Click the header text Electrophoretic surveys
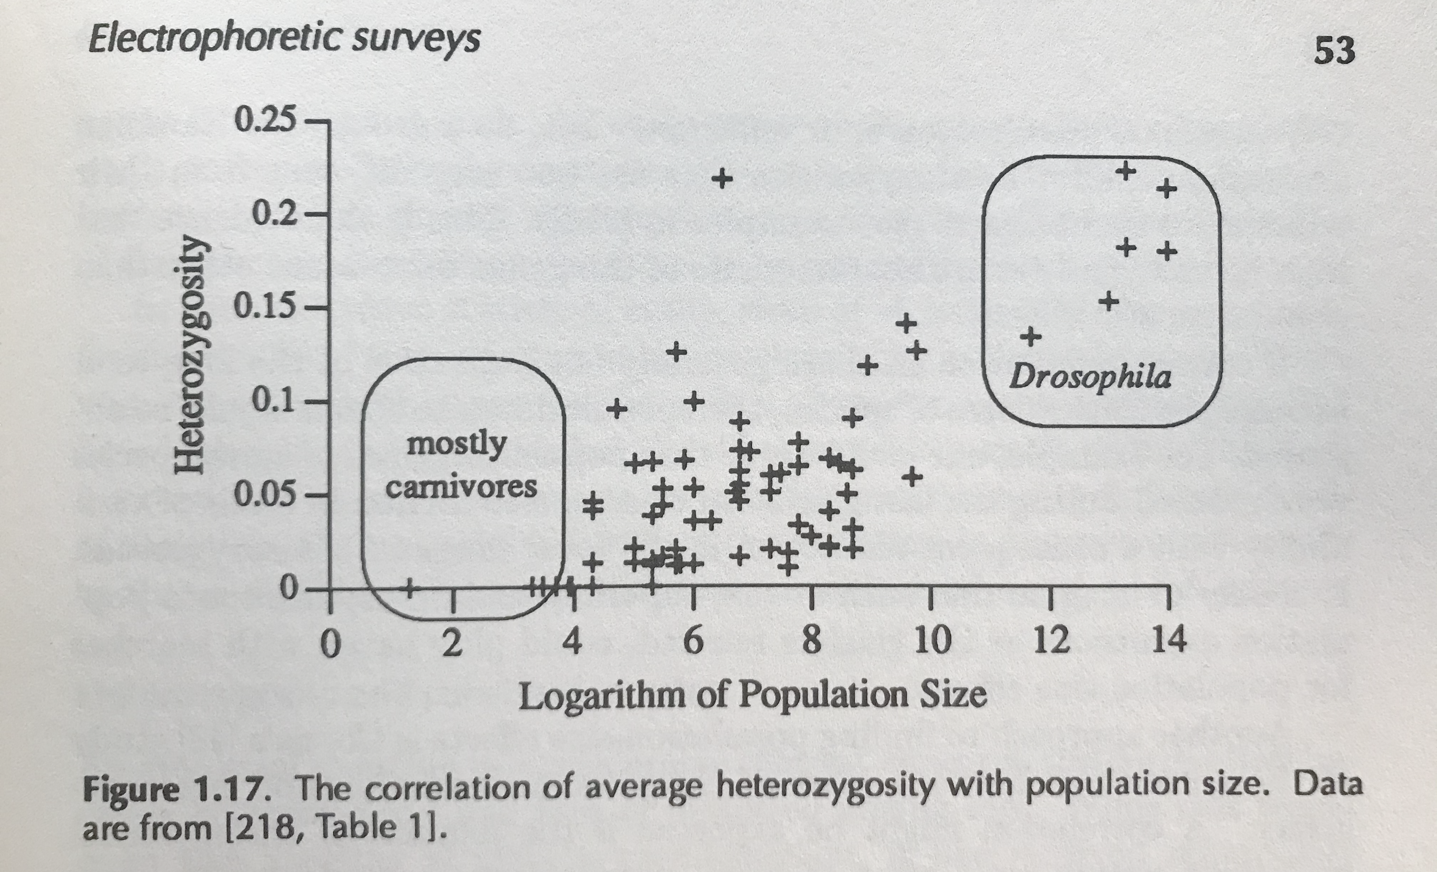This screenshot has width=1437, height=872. (x=284, y=40)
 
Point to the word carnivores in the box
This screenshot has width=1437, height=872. (x=461, y=487)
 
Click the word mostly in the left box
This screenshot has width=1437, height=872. (x=457, y=445)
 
